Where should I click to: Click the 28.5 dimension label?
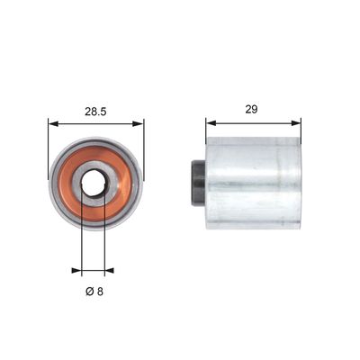click(95, 112)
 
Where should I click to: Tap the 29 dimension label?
click(251, 109)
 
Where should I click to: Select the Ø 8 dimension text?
click(94, 291)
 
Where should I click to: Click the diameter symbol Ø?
click(90, 291)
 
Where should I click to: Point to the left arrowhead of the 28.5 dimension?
click(53, 123)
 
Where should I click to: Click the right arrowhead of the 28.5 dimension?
click(138, 123)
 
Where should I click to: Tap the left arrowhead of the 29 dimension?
click(211, 122)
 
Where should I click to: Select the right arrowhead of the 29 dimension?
click(296, 122)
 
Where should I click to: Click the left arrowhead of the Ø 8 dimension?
click(76, 271)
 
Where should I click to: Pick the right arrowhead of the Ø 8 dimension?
click(109, 271)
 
